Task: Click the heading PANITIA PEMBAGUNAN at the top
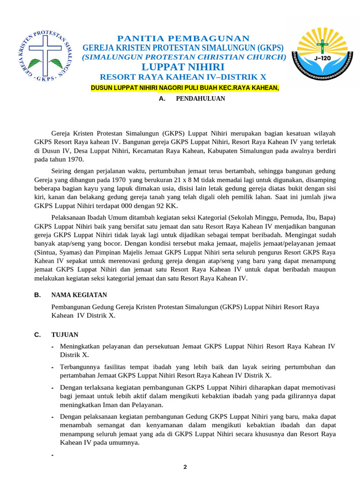(183, 38)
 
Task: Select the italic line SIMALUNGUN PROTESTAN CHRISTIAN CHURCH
(184, 57)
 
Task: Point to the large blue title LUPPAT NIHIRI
(183, 67)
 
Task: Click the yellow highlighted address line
(185, 88)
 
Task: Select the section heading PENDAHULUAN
(200, 99)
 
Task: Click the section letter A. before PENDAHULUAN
(163, 99)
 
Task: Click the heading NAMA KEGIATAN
(79, 295)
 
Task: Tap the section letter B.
(37, 295)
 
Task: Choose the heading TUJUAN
(65, 335)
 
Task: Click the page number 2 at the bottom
(185, 467)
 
